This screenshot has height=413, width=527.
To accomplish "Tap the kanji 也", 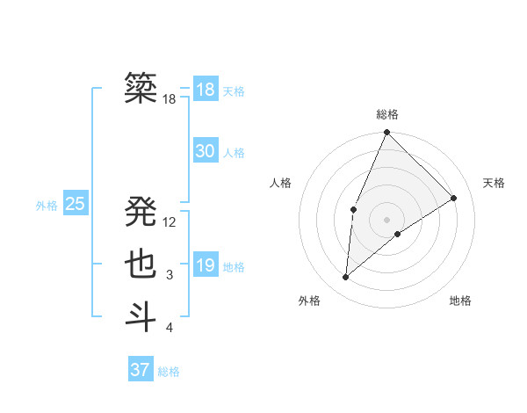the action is click(x=141, y=264).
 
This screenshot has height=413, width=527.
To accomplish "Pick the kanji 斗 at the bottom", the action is click(x=141, y=316).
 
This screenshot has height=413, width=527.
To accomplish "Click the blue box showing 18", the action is click(x=205, y=90).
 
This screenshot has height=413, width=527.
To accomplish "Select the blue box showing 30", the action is click(x=205, y=151).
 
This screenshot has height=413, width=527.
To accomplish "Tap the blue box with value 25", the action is click(x=75, y=204).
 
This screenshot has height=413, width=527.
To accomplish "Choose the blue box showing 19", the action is click(x=205, y=265).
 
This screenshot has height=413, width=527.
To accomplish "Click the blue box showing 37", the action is click(x=140, y=369).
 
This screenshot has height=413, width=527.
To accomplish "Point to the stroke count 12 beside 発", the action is click(x=170, y=222).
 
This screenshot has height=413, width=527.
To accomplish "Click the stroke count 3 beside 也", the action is click(x=170, y=275).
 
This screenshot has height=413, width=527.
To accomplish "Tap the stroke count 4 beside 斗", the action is click(x=170, y=328).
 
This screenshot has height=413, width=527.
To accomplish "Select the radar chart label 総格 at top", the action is click(x=386, y=114).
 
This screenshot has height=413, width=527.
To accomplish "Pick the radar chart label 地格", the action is click(x=460, y=301).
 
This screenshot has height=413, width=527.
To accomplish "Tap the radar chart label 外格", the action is click(x=309, y=301).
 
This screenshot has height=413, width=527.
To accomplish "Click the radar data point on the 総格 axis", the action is click(x=386, y=134).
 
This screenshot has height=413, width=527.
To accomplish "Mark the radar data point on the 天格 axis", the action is click(x=454, y=198).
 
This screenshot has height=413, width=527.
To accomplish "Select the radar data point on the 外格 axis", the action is click(x=346, y=278).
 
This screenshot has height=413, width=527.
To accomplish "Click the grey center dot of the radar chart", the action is click(x=386, y=219).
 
